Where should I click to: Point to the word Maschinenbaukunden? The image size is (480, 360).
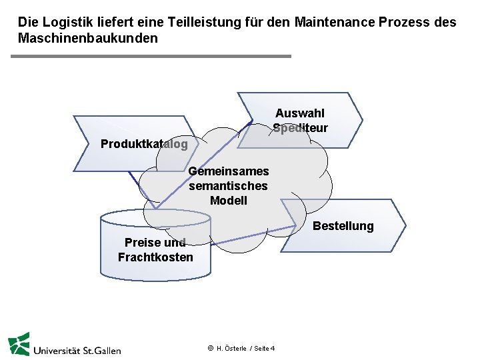(87, 38)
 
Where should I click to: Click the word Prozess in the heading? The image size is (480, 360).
(404, 22)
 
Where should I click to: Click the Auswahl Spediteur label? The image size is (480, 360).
(300, 120)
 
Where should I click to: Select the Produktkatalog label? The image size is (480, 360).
(144, 144)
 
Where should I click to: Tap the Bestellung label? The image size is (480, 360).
(343, 226)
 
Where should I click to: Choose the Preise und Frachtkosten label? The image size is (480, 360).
(155, 250)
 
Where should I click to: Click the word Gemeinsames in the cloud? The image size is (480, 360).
(228, 171)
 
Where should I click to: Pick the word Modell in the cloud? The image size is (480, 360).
(228, 201)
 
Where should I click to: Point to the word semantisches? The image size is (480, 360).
(228, 186)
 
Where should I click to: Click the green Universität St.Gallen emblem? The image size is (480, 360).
(19, 343)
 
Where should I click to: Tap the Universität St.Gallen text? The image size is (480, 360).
(77, 349)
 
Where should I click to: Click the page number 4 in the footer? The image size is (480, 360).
(273, 349)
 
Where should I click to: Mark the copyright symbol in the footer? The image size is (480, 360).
(210, 349)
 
